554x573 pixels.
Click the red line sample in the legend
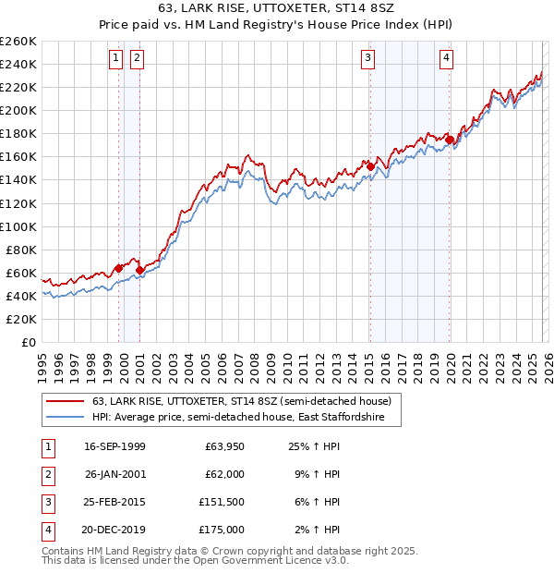(x=65, y=401)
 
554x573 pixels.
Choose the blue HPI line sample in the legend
(x=65, y=418)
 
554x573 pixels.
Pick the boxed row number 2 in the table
(x=47, y=474)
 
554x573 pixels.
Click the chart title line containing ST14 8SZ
(x=276, y=10)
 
